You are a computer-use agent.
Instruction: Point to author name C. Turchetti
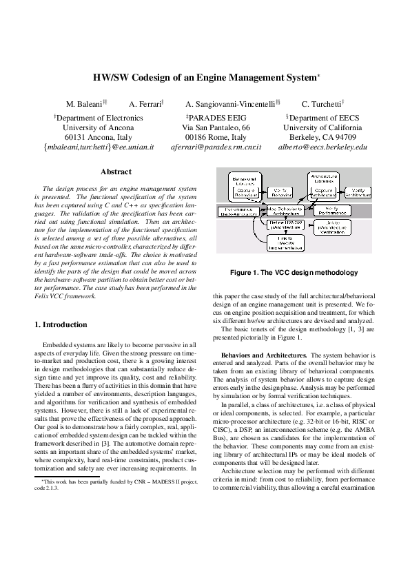tap(321, 104)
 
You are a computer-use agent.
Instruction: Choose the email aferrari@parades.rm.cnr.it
tap(216, 147)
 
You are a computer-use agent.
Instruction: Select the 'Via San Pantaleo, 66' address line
tap(216, 127)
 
